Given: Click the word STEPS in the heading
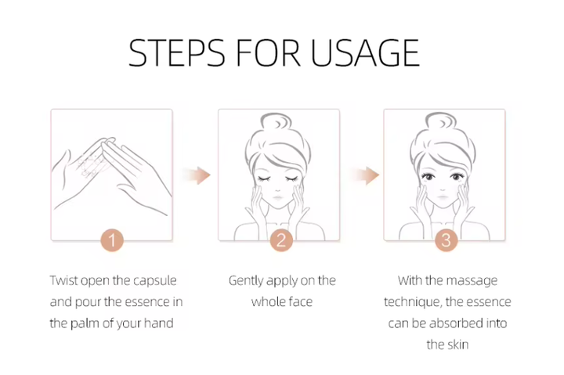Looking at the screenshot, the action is point(176,53).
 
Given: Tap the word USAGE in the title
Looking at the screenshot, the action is point(365,53).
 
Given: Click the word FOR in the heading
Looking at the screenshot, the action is point(268,53).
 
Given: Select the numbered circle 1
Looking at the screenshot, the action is point(112,240).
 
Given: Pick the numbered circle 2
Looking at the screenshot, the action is point(281,240).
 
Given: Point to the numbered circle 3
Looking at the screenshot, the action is point(446,240).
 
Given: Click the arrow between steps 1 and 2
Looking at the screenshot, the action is point(197,175).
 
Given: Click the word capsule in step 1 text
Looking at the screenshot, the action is point(154,281).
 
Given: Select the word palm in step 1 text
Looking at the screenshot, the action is point(85,323).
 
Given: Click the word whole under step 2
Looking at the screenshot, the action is point(267,302).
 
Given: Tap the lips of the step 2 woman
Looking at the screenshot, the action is point(278,198).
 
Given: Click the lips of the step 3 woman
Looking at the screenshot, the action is point(443,197).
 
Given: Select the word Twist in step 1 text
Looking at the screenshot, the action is point(63,280).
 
